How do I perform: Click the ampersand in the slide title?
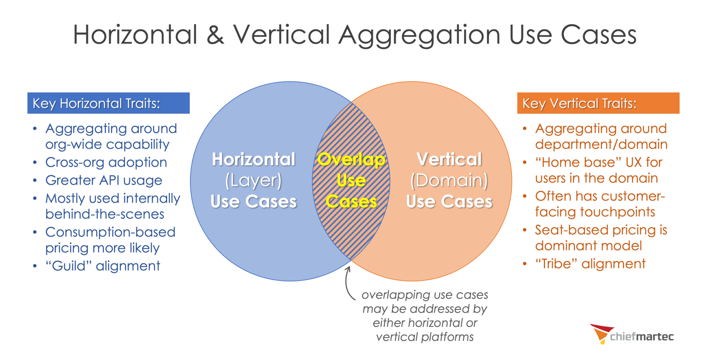pos(215,35)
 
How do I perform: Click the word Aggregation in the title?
pos(419,36)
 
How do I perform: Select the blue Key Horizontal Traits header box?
pos(108,103)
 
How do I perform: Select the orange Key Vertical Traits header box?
pos(598,103)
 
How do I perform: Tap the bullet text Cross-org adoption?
pos(106,162)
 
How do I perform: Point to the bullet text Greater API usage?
pos(104,180)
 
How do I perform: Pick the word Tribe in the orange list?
pos(556,264)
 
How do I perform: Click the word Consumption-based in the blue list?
pos(110,232)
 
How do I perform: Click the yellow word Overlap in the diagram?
pos(351,160)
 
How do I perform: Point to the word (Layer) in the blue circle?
pos(253,181)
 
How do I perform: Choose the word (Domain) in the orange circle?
pos(449,181)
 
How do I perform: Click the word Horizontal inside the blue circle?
pos(253,159)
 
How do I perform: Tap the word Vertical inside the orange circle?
pos(449,159)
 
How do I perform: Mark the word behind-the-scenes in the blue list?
pos(105,214)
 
